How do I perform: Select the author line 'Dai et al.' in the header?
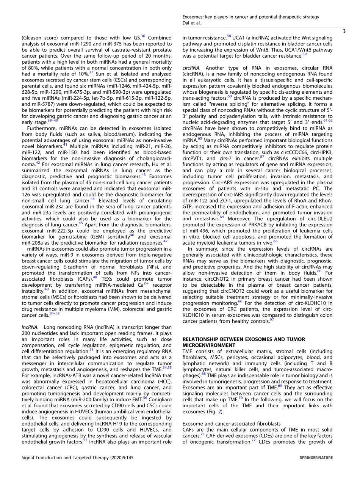click(x=192, y=23)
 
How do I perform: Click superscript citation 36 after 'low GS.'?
click(x=143, y=36)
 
